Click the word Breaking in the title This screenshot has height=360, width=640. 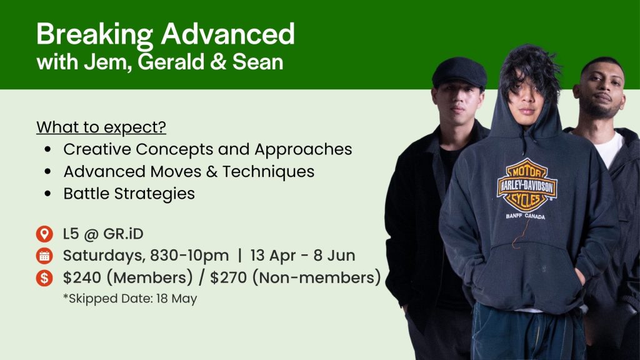pos(94,35)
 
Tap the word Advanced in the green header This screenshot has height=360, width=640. pos(227,34)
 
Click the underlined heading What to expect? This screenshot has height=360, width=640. pos(101,127)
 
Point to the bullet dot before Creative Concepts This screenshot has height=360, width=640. pos(48,150)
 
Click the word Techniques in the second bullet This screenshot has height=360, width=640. pos(269,172)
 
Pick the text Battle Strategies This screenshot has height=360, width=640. pos(129,194)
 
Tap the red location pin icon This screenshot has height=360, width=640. pos(44,234)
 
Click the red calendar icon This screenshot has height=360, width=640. pos(44,256)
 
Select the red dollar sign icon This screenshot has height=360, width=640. pos(44,278)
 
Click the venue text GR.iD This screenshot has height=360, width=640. pos(123,234)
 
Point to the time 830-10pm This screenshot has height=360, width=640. pos(189,256)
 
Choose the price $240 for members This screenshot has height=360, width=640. pos(82,277)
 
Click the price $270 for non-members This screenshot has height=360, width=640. pos(229,277)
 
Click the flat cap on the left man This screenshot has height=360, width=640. pos(459,72)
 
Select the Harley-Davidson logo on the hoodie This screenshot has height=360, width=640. pos(527,186)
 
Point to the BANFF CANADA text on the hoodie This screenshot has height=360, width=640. pos(525,216)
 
